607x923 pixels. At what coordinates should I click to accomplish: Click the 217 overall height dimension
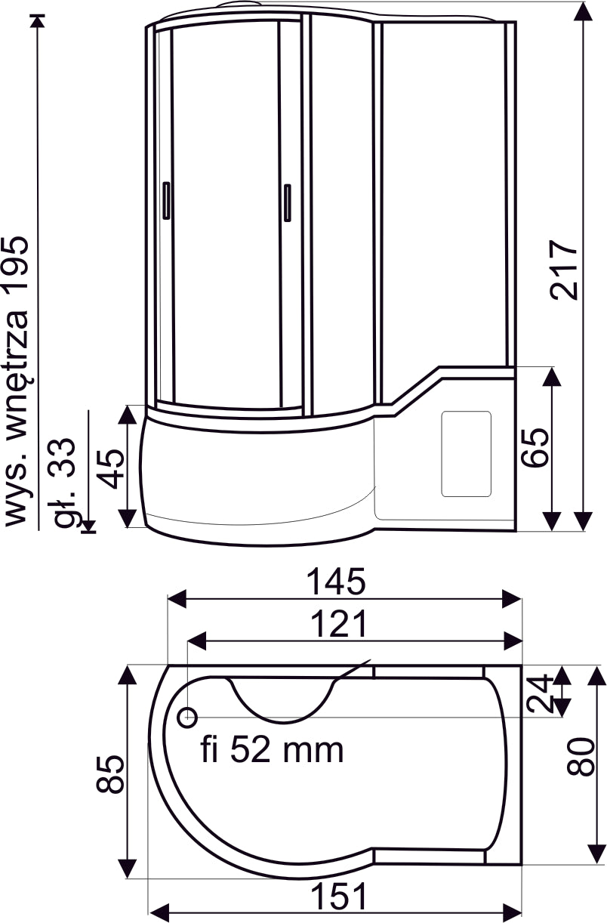point(565,270)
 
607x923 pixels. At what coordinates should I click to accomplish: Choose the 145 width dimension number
point(336,582)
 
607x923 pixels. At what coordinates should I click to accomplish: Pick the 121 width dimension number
point(342,624)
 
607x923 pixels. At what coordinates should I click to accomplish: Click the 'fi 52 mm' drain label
point(273,750)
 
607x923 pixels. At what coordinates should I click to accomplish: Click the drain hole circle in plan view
point(187,716)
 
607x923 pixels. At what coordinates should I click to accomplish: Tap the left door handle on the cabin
point(166,200)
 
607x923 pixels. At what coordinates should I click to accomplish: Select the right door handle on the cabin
point(287,203)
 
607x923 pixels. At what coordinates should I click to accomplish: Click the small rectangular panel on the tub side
point(466,453)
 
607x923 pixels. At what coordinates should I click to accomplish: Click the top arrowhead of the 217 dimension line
point(582,11)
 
